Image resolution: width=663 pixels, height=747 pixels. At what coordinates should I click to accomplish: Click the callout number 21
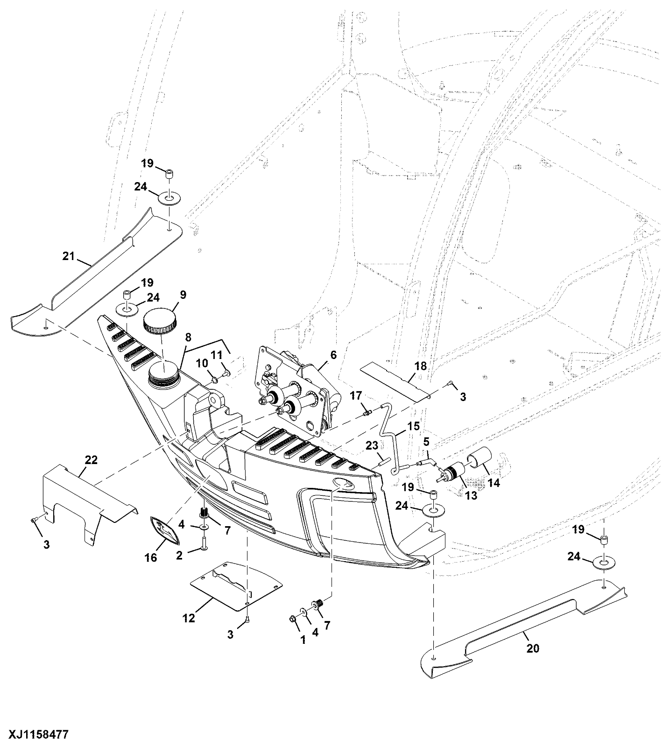69,256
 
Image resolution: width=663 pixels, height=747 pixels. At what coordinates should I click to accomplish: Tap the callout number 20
533,648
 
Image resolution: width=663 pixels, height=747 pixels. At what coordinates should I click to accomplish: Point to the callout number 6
333,355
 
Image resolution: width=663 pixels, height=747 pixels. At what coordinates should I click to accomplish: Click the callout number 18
421,366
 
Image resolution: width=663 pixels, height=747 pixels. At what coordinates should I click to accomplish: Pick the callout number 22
91,460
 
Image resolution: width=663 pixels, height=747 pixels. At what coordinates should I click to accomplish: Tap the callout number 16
150,557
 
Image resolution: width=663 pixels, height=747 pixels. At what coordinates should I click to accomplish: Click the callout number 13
471,495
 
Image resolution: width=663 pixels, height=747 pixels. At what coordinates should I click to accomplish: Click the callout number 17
356,396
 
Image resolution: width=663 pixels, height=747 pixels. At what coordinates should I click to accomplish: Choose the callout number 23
372,446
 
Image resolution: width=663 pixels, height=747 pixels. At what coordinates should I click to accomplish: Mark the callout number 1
303,640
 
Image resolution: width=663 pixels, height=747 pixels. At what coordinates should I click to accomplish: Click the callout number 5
426,441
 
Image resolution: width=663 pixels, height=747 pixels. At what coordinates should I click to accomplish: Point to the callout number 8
188,337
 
